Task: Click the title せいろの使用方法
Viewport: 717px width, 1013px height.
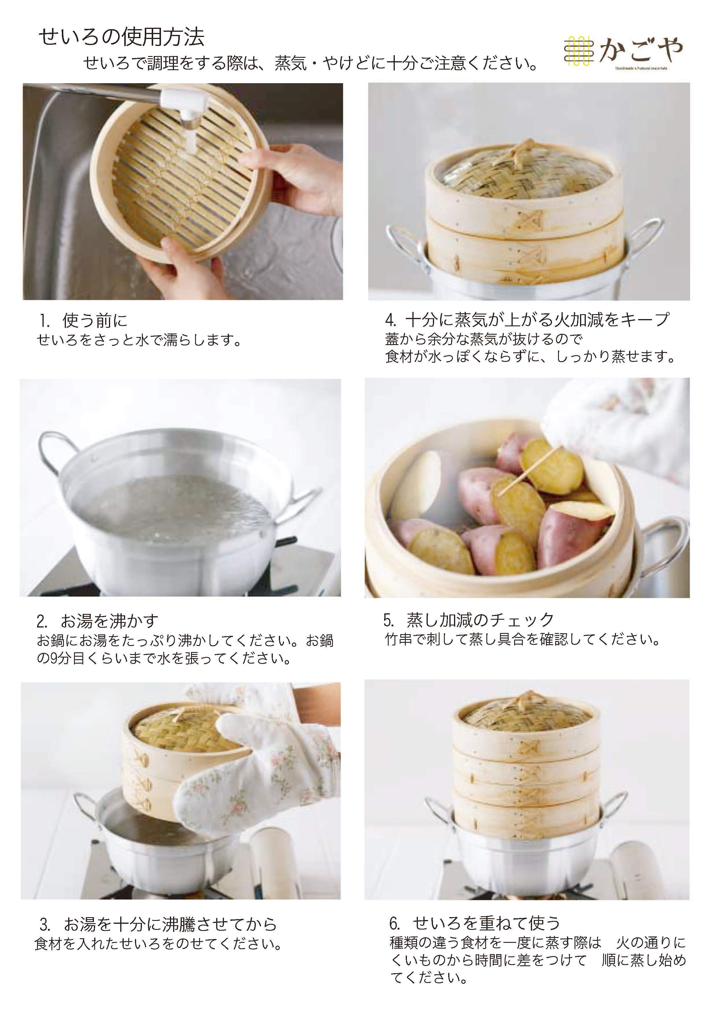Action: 122,38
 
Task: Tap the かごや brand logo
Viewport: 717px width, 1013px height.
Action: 624,52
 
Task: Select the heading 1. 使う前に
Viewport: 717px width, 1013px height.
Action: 83,321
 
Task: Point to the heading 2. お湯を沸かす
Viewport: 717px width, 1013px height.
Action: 97,621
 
